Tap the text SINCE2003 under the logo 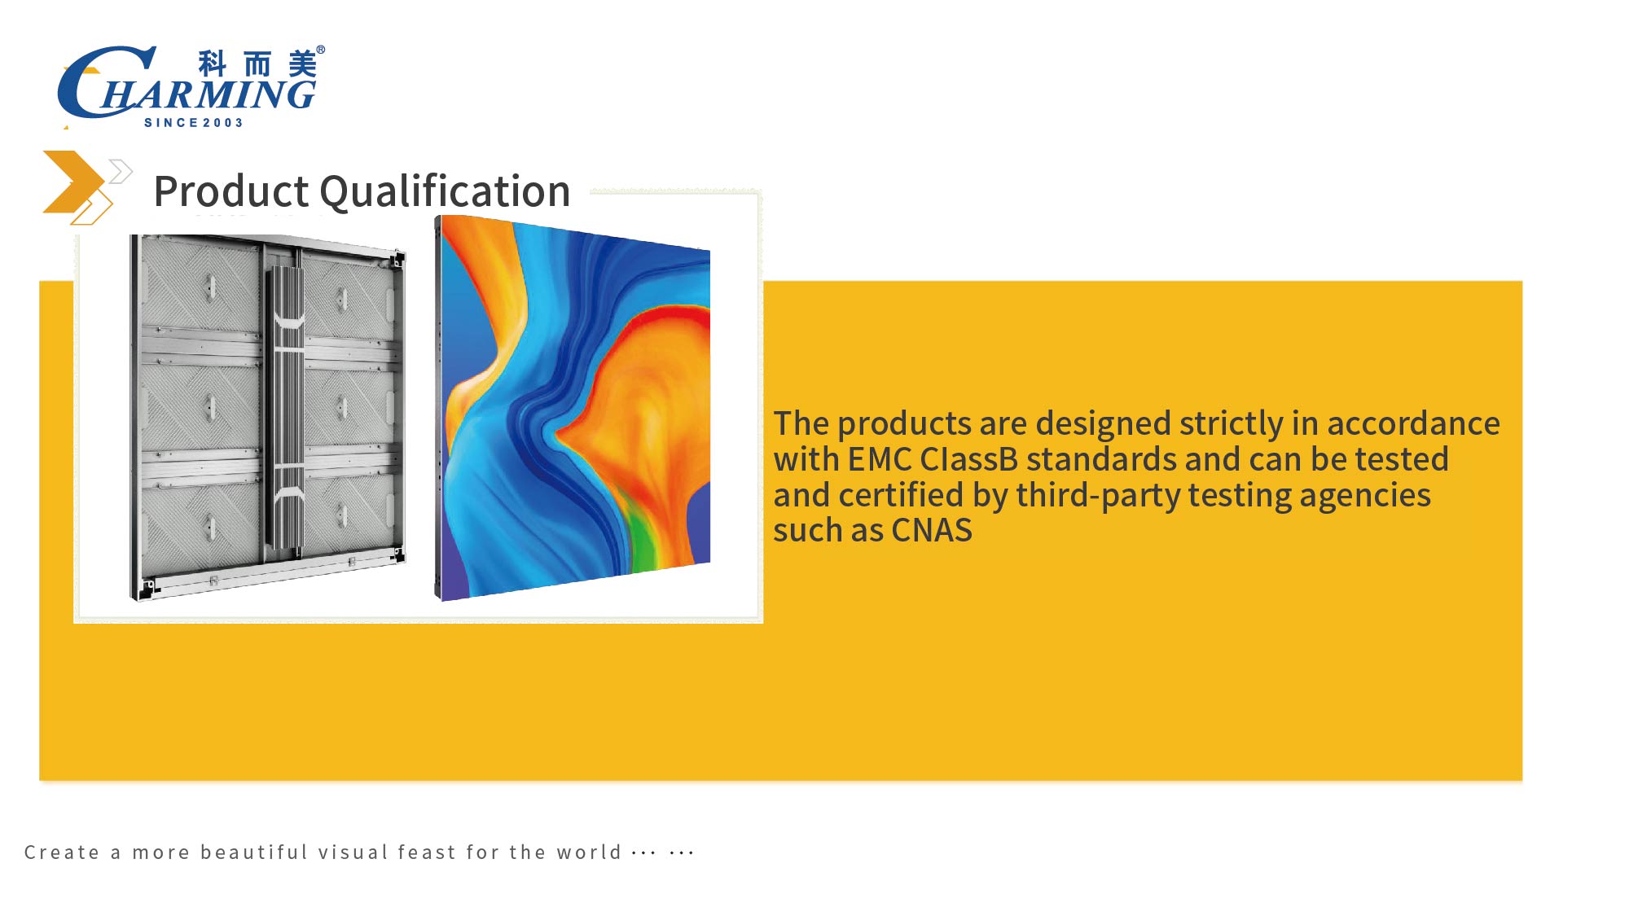[x=194, y=123]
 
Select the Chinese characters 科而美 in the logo [x=257, y=64]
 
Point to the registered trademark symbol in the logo [x=321, y=50]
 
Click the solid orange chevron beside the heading [x=72, y=182]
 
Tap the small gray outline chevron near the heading [x=121, y=171]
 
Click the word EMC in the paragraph [x=880, y=459]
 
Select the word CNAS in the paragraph [x=932, y=531]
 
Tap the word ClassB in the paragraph [x=969, y=459]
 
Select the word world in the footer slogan [x=589, y=852]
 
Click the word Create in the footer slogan [x=62, y=852]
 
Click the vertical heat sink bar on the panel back [x=284, y=407]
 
